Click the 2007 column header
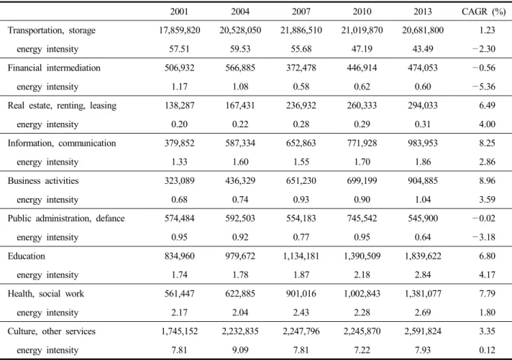coord(301,11)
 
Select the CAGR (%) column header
coord(483,11)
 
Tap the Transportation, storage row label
coord(52,30)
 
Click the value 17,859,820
coord(179,30)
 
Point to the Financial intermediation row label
coord(54,68)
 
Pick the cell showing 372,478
coord(301,68)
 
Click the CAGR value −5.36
coord(483,87)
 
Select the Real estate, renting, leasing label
coord(62,106)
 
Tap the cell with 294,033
coord(423,106)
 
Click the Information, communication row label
coord(62,143)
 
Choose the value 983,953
coord(423,143)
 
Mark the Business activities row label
coord(43,181)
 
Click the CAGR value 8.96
coord(487,181)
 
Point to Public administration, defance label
coord(66,218)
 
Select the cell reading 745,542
coord(362,218)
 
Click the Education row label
coord(27,257)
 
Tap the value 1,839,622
coord(423,257)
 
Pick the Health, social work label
coord(46,294)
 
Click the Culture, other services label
coord(52,331)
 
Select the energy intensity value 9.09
coord(240,350)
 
